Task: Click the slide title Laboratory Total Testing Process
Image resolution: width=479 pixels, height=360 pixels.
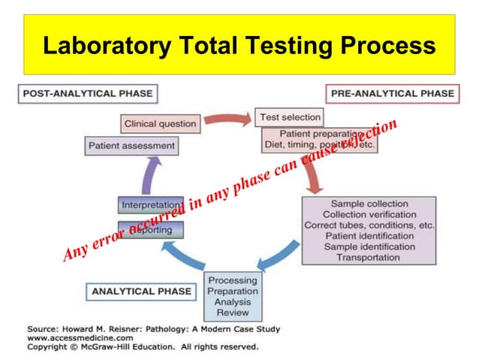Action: click(239, 45)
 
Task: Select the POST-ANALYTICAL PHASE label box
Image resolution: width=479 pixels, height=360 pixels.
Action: click(88, 94)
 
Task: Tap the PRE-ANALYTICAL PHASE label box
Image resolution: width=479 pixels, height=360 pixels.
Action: click(390, 94)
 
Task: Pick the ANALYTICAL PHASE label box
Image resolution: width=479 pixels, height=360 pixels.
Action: click(142, 291)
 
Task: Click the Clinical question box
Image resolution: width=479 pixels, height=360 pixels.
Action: click(160, 123)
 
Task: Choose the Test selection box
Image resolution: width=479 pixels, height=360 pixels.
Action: click(290, 117)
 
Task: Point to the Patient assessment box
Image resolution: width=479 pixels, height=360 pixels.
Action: click(131, 145)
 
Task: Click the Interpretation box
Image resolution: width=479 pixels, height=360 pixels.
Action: click(151, 204)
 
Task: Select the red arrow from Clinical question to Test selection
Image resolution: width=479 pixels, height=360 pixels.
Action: click(227, 119)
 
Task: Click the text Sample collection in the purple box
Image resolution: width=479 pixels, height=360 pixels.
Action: click(369, 204)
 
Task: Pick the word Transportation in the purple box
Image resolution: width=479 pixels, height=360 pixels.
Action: click(369, 257)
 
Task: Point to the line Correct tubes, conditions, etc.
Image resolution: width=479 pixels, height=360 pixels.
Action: click(369, 225)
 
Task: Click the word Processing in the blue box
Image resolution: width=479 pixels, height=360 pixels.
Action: click(232, 280)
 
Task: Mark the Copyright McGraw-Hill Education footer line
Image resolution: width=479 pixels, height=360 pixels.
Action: click(143, 347)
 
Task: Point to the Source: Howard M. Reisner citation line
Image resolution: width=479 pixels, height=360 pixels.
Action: click(153, 329)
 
